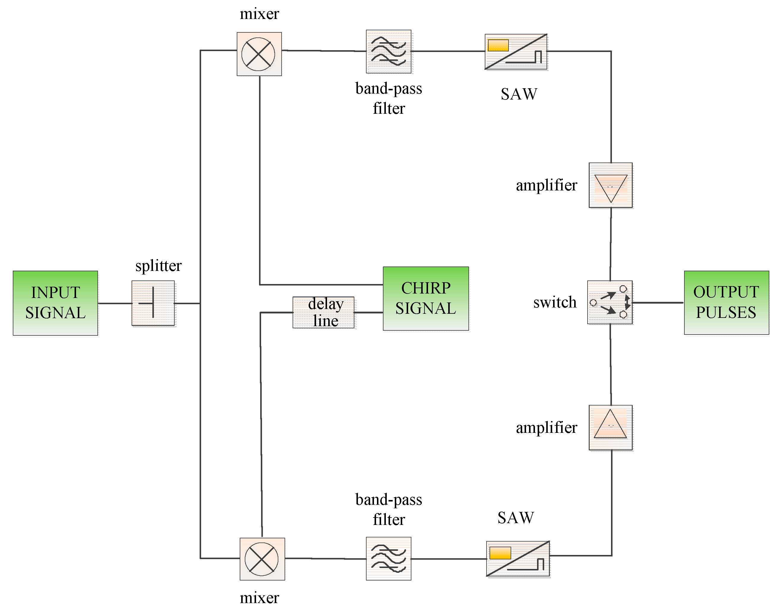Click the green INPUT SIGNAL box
(x=55, y=303)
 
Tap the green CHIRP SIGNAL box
(x=426, y=298)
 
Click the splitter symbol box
(x=153, y=303)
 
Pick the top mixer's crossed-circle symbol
(x=258, y=54)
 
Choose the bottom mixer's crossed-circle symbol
(x=261, y=559)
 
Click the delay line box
(x=324, y=312)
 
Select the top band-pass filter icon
(x=389, y=52)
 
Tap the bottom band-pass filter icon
(x=389, y=558)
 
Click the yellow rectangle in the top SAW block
(x=498, y=45)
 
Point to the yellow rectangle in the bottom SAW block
(x=500, y=553)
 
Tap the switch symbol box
(x=610, y=302)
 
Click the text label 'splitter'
(x=158, y=266)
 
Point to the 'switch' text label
(x=555, y=302)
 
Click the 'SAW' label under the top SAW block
(x=519, y=94)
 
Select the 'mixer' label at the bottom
(x=259, y=598)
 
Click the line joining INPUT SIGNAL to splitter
(x=115, y=303)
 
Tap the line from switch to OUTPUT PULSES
(x=658, y=303)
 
